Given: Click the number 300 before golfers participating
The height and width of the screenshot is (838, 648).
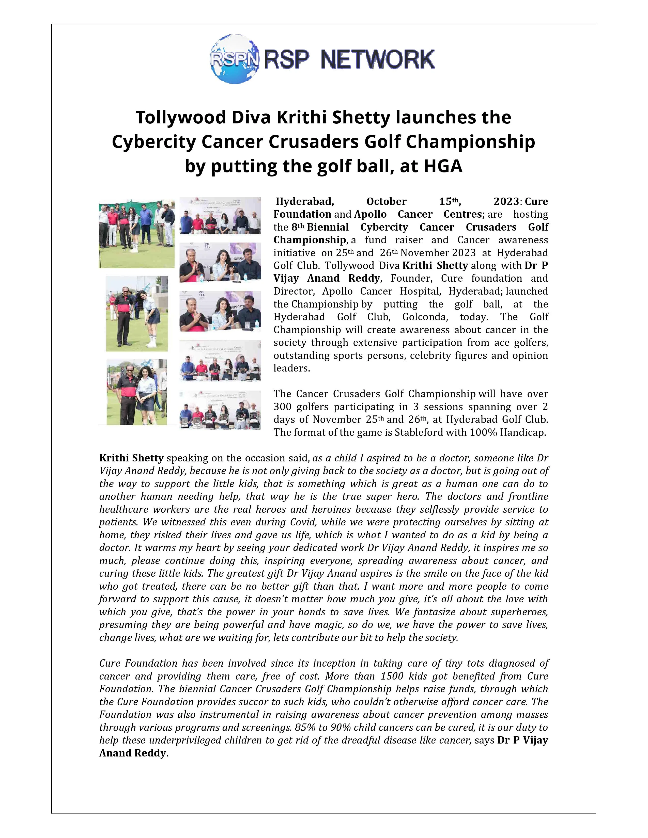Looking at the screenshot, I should point(282,407).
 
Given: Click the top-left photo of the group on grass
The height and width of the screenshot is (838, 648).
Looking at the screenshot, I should point(137,234).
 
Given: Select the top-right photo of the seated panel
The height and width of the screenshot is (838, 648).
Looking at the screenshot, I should point(220,216).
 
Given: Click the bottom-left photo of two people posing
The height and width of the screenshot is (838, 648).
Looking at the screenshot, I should point(137,392).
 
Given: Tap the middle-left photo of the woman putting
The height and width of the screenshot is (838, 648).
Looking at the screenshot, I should point(137,313).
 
